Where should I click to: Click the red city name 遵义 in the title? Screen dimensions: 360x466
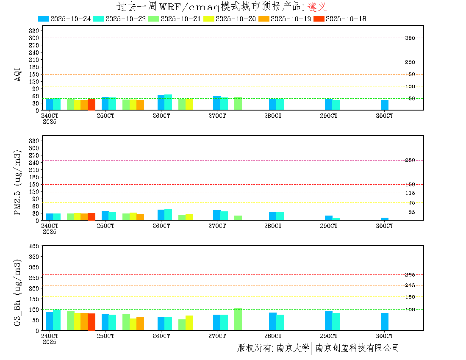(x=317, y=7)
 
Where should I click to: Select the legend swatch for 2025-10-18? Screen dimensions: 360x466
(x=319, y=19)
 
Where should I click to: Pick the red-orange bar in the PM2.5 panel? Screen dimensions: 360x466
(x=92, y=216)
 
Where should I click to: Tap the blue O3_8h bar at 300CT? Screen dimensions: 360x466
(x=385, y=321)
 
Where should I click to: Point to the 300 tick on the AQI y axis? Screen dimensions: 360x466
(x=34, y=38)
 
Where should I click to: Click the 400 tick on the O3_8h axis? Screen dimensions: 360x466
(x=34, y=246)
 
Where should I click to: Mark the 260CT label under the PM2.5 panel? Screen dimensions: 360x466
(x=161, y=226)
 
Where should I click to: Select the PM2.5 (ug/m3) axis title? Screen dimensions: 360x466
(x=18, y=183)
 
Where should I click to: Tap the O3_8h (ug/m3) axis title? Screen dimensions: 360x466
(x=18, y=292)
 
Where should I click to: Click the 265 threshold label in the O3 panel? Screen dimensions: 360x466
(x=410, y=275)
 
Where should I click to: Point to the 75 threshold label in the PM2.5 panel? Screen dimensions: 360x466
(x=411, y=203)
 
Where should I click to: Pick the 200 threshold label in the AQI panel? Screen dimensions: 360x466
(x=410, y=62)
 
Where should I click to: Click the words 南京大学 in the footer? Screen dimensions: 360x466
(x=293, y=348)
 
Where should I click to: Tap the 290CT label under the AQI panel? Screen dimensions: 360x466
(x=329, y=116)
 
